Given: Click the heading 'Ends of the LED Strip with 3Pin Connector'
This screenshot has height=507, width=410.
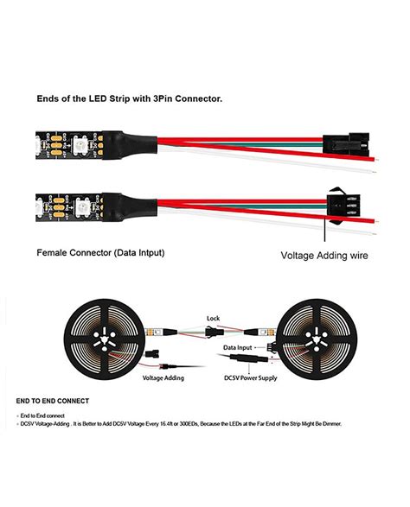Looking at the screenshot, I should (129, 98).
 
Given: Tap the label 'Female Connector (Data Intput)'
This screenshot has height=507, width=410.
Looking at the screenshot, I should (100, 253).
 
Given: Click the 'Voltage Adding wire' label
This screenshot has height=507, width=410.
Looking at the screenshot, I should (324, 256).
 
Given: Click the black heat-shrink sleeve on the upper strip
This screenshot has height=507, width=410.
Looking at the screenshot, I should (110, 141).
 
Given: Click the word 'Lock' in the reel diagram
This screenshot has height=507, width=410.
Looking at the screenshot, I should (213, 318).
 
